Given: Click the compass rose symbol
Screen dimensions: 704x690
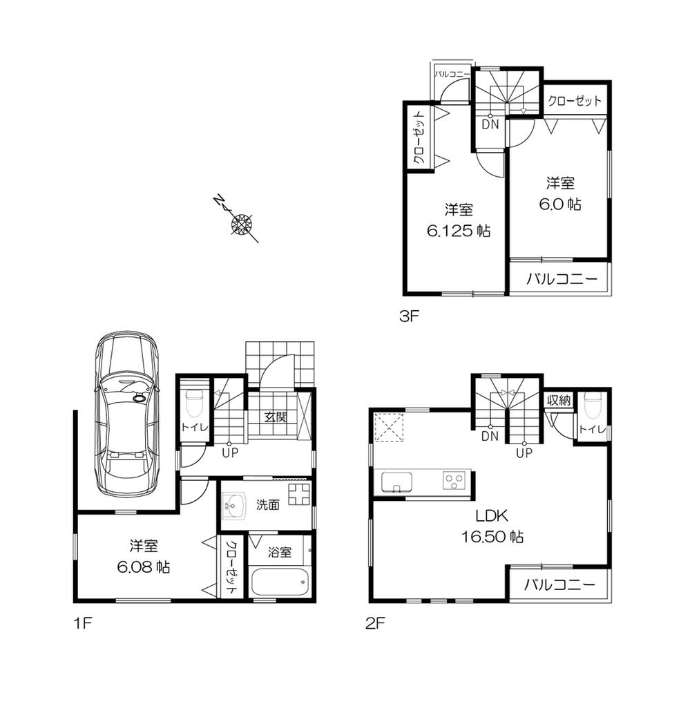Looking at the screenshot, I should (242, 223).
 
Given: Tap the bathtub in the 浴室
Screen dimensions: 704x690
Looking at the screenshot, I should (278, 582).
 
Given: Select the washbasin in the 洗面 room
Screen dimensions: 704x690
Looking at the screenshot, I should (235, 504).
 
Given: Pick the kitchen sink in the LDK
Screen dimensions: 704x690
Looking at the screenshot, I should (396, 481).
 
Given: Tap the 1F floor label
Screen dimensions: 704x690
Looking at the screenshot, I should (82, 623).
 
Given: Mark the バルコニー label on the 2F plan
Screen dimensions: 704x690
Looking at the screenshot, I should (559, 585).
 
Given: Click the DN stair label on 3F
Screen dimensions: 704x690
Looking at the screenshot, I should (490, 124).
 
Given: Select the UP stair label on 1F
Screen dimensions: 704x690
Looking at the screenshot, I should (230, 453).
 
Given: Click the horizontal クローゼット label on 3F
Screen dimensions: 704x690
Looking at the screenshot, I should (575, 101).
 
